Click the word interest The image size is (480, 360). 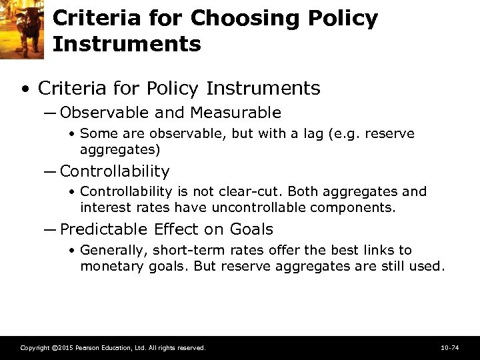[x=105, y=207]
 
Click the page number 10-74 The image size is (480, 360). [x=449, y=348]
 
